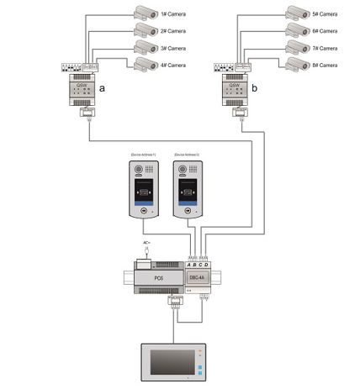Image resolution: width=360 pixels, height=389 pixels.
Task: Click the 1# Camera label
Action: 174,13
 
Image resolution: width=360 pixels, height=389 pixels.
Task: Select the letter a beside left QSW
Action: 102,87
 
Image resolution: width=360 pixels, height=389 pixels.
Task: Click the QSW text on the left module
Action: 82,85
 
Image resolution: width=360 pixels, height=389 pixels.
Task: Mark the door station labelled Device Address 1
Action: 140,192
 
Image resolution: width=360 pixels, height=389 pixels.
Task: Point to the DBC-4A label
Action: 196,276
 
